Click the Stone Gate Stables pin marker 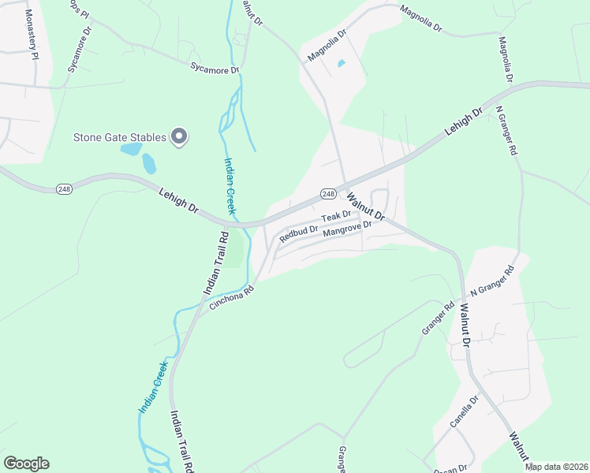pos(179,136)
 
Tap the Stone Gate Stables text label pos(120,137)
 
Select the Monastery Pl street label pos(31,35)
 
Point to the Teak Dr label pos(335,216)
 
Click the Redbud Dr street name pos(299,234)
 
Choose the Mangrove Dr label pos(347,230)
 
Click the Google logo pos(27,464)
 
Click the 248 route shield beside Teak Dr pos(329,194)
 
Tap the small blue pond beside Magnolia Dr pos(341,63)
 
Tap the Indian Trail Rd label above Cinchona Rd pos(215,263)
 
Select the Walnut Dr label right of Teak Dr pos(364,206)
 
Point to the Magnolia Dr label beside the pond pos(327,46)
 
